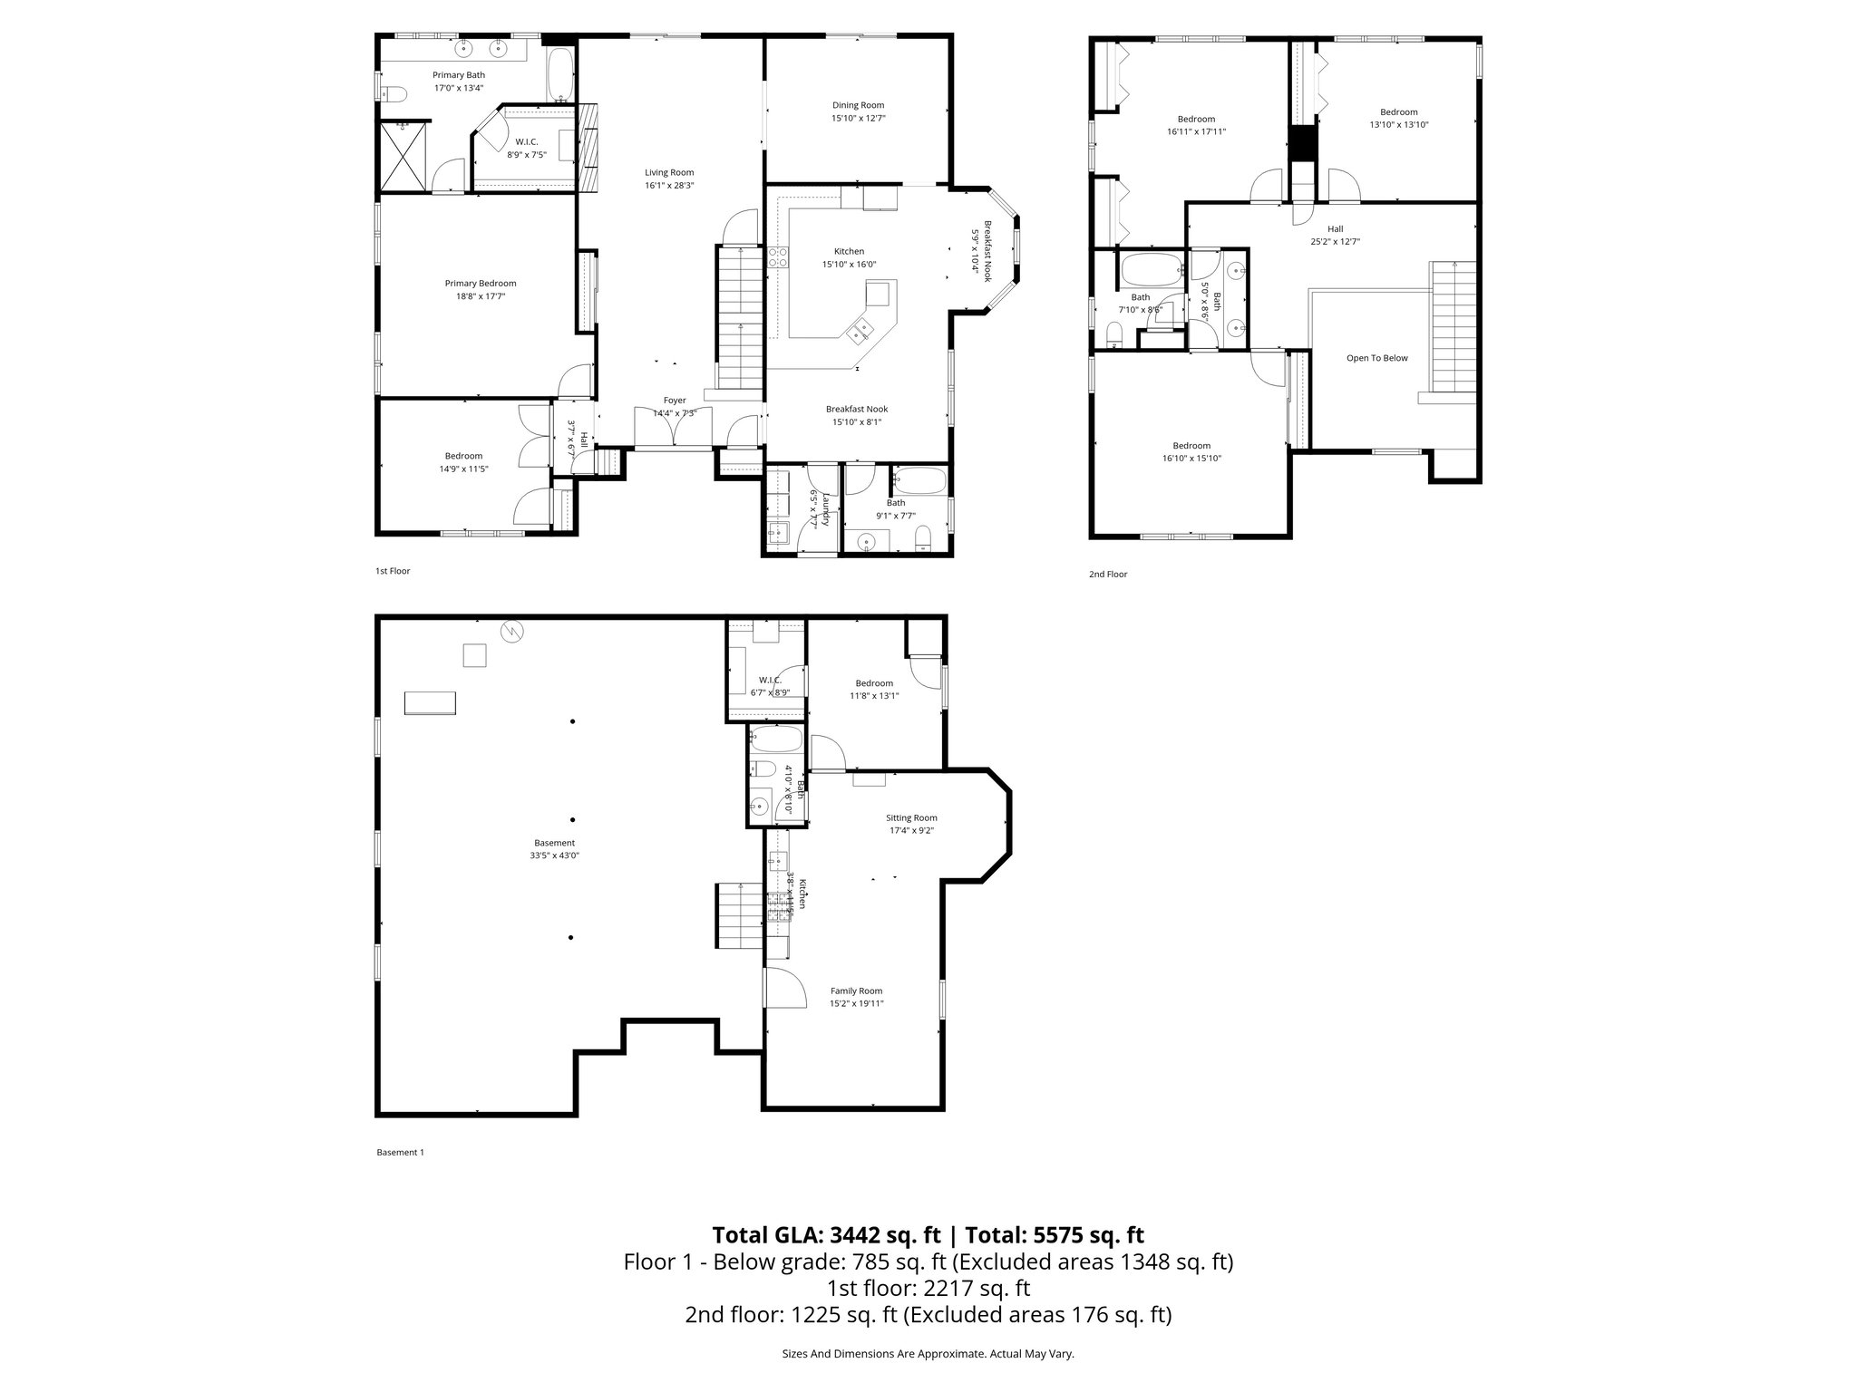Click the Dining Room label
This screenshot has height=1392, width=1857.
pos(858,105)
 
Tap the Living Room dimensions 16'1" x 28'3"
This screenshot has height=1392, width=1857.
pos(669,185)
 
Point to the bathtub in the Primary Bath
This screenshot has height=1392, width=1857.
pos(560,75)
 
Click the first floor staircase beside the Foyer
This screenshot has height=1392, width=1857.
pos(741,317)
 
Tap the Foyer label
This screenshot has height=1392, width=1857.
pos(674,400)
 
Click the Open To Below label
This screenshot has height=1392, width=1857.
pos(1376,358)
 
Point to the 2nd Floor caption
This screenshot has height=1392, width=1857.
pos(1107,574)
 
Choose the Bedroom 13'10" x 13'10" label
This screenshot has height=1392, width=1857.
pos(1398,112)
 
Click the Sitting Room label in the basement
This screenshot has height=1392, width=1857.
pos(910,817)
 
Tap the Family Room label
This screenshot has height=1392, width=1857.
pos(856,991)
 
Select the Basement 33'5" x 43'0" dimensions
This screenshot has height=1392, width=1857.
pos(554,855)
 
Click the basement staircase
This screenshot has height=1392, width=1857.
pos(740,917)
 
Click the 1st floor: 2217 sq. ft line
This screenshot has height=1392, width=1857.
pos(928,1288)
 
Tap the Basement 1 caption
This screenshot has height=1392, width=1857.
pos(400,1152)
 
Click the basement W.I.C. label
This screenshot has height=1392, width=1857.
pos(770,680)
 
